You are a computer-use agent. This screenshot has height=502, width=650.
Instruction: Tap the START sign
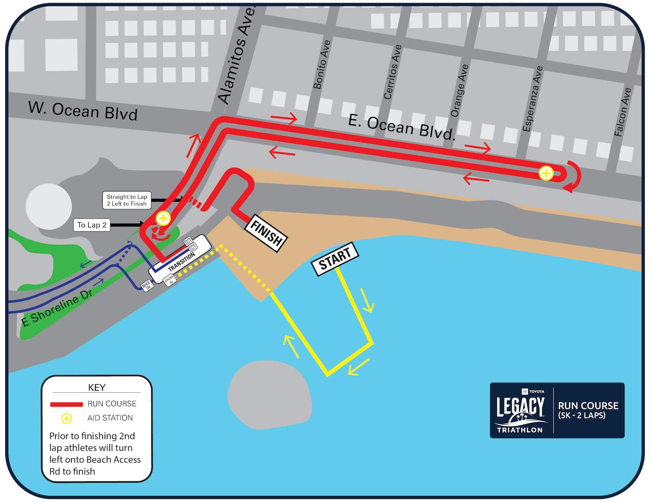coord(335,259)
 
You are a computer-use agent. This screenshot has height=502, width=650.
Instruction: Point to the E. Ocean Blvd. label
coord(402,127)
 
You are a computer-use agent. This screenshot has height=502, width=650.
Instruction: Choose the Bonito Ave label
coord(322,65)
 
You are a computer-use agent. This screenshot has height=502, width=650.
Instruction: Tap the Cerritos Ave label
coord(393,72)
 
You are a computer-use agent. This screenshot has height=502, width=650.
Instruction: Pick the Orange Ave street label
coord(459,91)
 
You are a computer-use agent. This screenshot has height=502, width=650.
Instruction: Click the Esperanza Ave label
coord(533,99)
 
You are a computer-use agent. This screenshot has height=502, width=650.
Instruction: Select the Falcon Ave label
coord(622,112)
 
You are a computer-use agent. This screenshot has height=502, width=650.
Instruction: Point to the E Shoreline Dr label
coord(57,308)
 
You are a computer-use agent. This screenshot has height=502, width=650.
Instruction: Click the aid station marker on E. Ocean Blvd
coord(546,173)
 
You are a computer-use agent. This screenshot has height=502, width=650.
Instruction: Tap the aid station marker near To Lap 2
coord(163,218)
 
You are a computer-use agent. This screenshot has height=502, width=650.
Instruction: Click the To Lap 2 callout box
coord(91,225)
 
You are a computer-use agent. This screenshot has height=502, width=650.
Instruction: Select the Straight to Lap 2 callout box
coord(127,200)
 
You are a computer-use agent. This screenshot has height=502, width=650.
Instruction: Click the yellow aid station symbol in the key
coord(66,418)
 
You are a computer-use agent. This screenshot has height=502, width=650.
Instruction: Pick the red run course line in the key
coord(66,405)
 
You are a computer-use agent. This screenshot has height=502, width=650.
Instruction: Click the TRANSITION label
coord(182,262)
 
